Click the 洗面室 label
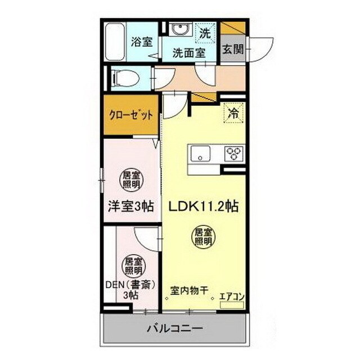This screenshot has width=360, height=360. coord(188,53)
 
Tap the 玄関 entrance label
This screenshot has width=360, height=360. coord(232,49)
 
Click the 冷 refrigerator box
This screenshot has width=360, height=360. coord(232,112)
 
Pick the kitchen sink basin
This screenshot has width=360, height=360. coord(200,152)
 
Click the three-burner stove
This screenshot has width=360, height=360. coord(233,152)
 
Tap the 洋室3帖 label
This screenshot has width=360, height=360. coord(131,206)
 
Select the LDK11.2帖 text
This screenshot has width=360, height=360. coord(204,206)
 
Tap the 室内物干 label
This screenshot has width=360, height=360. coord(190,290)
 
